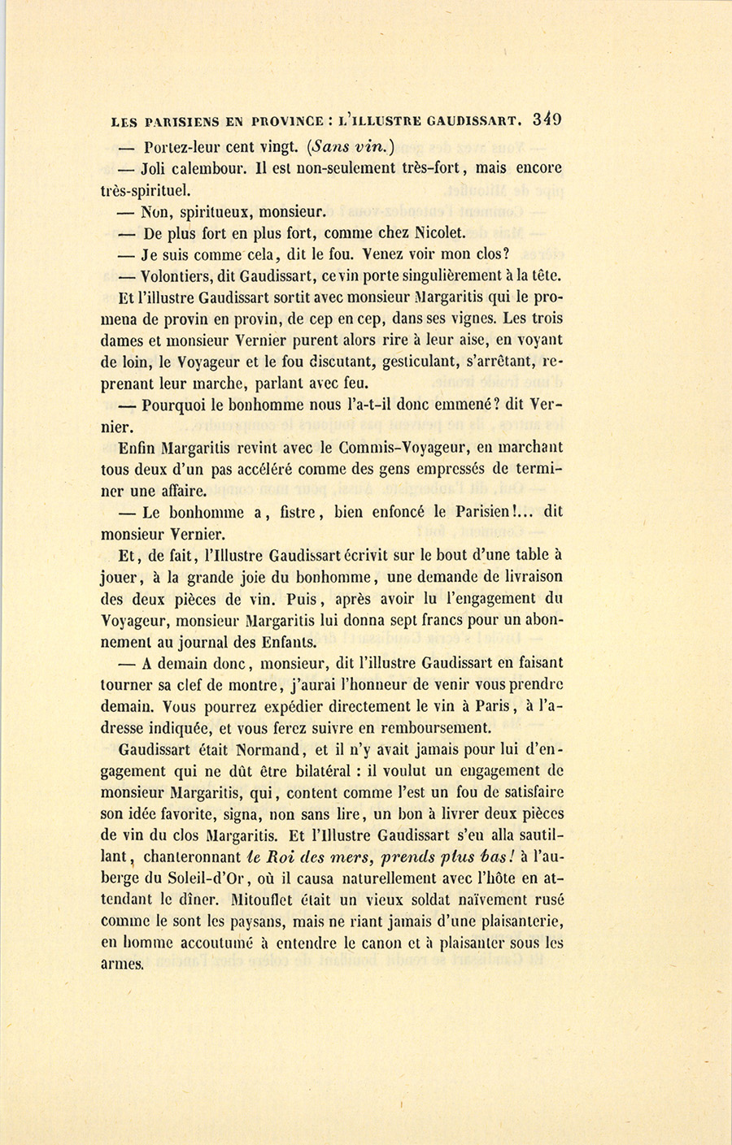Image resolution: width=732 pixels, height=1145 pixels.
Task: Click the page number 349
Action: click(x=547, y=119)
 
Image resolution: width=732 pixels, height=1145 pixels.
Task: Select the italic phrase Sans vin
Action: click(x=339, y=147)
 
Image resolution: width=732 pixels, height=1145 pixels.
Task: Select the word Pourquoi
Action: click(x=175, y=405)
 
